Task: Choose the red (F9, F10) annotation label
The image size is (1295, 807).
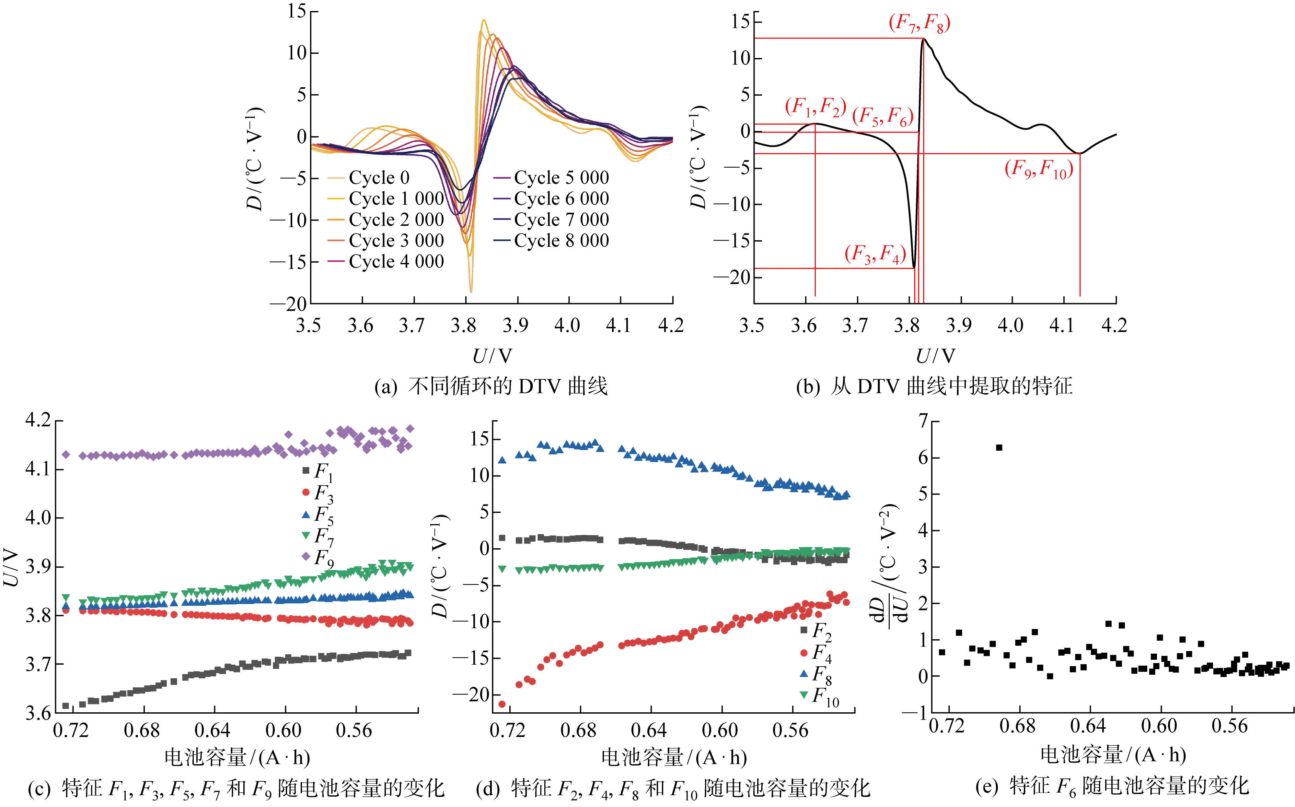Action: point(1038,169)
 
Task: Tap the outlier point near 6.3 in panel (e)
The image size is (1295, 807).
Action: point(999,447)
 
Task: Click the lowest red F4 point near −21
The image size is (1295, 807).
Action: point(502,704)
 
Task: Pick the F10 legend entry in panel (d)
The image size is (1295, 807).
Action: point(820,696)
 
